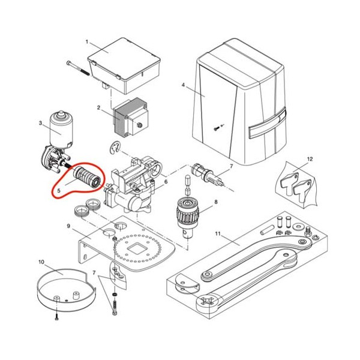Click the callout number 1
(87, 42)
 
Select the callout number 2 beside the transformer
(98, 107)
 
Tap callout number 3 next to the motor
(40, 123)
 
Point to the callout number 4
(183, 85)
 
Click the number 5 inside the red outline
(59, 191)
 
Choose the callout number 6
(166, 182)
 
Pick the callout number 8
(216, 202)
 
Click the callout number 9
(68, 226)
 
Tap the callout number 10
(41, 262)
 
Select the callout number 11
(218, 234)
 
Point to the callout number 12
(310, 159)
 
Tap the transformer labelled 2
(131, 118)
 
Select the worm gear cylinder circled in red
(86, 177)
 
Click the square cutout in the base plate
(136, 248)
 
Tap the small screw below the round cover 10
(57, 318)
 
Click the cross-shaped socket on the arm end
(206, 301)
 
